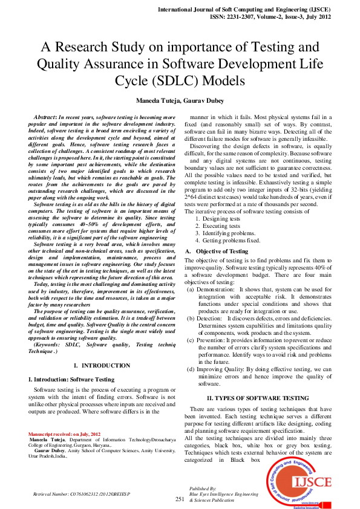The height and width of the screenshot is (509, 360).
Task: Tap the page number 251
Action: tap(180, 499)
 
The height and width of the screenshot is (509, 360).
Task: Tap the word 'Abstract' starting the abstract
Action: tap(45, 115)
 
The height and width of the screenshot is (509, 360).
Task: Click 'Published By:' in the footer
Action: tap(203, 488)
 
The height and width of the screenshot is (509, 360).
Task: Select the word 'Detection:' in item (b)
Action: tap(210, 317)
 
